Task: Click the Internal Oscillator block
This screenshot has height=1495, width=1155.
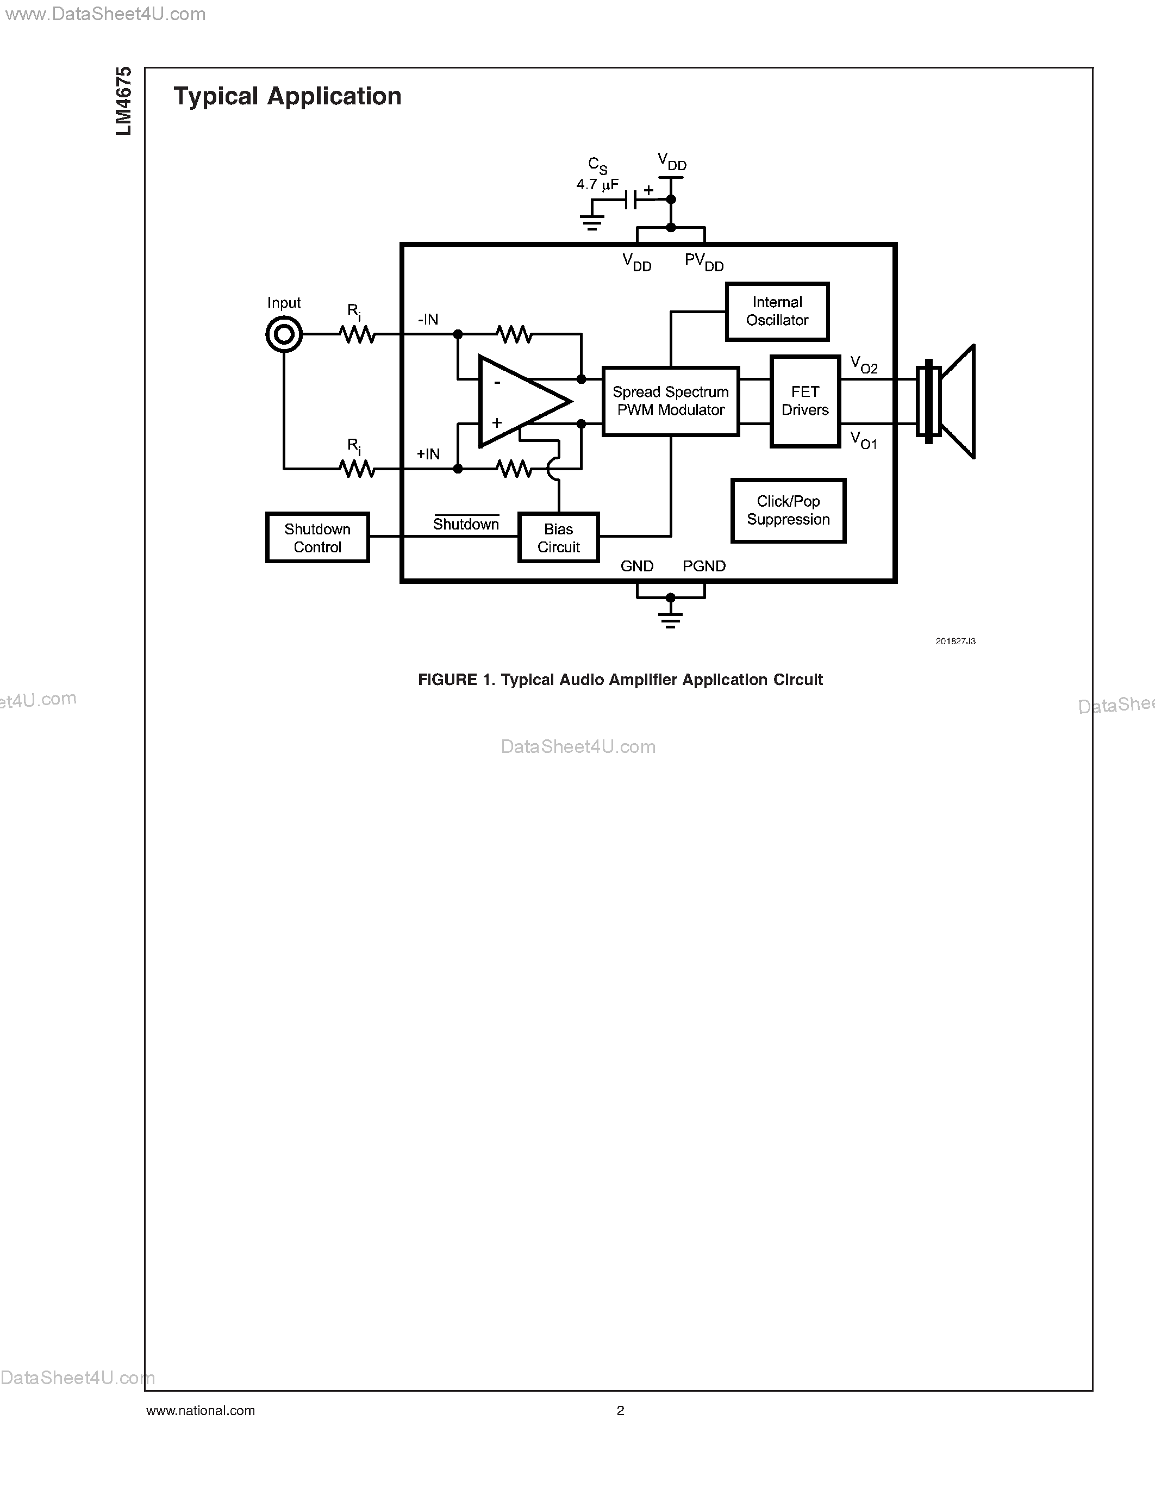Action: point(777,312)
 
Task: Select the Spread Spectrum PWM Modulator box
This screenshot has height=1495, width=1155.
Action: point(671,401)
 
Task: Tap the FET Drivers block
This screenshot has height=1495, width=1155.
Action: point(804,401)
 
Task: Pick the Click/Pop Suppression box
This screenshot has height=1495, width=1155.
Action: point(788,510)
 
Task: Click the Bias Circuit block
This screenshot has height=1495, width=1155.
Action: point(558,538)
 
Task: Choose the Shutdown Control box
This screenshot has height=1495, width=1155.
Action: point(317,538)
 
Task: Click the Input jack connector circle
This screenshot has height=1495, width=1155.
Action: point(284,335)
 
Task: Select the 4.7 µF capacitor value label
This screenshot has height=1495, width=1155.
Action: point(597,184)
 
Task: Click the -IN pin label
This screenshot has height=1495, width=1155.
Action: point(428,320)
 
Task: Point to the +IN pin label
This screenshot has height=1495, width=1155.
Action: point(428,454)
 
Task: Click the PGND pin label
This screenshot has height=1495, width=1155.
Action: point(704,566)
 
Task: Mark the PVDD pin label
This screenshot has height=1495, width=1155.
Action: point(704,261)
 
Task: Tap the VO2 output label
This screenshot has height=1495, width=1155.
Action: point(864,364)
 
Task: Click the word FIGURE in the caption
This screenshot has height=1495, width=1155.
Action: point(447,680)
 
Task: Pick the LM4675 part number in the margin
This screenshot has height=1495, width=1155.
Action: point(124,101)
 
